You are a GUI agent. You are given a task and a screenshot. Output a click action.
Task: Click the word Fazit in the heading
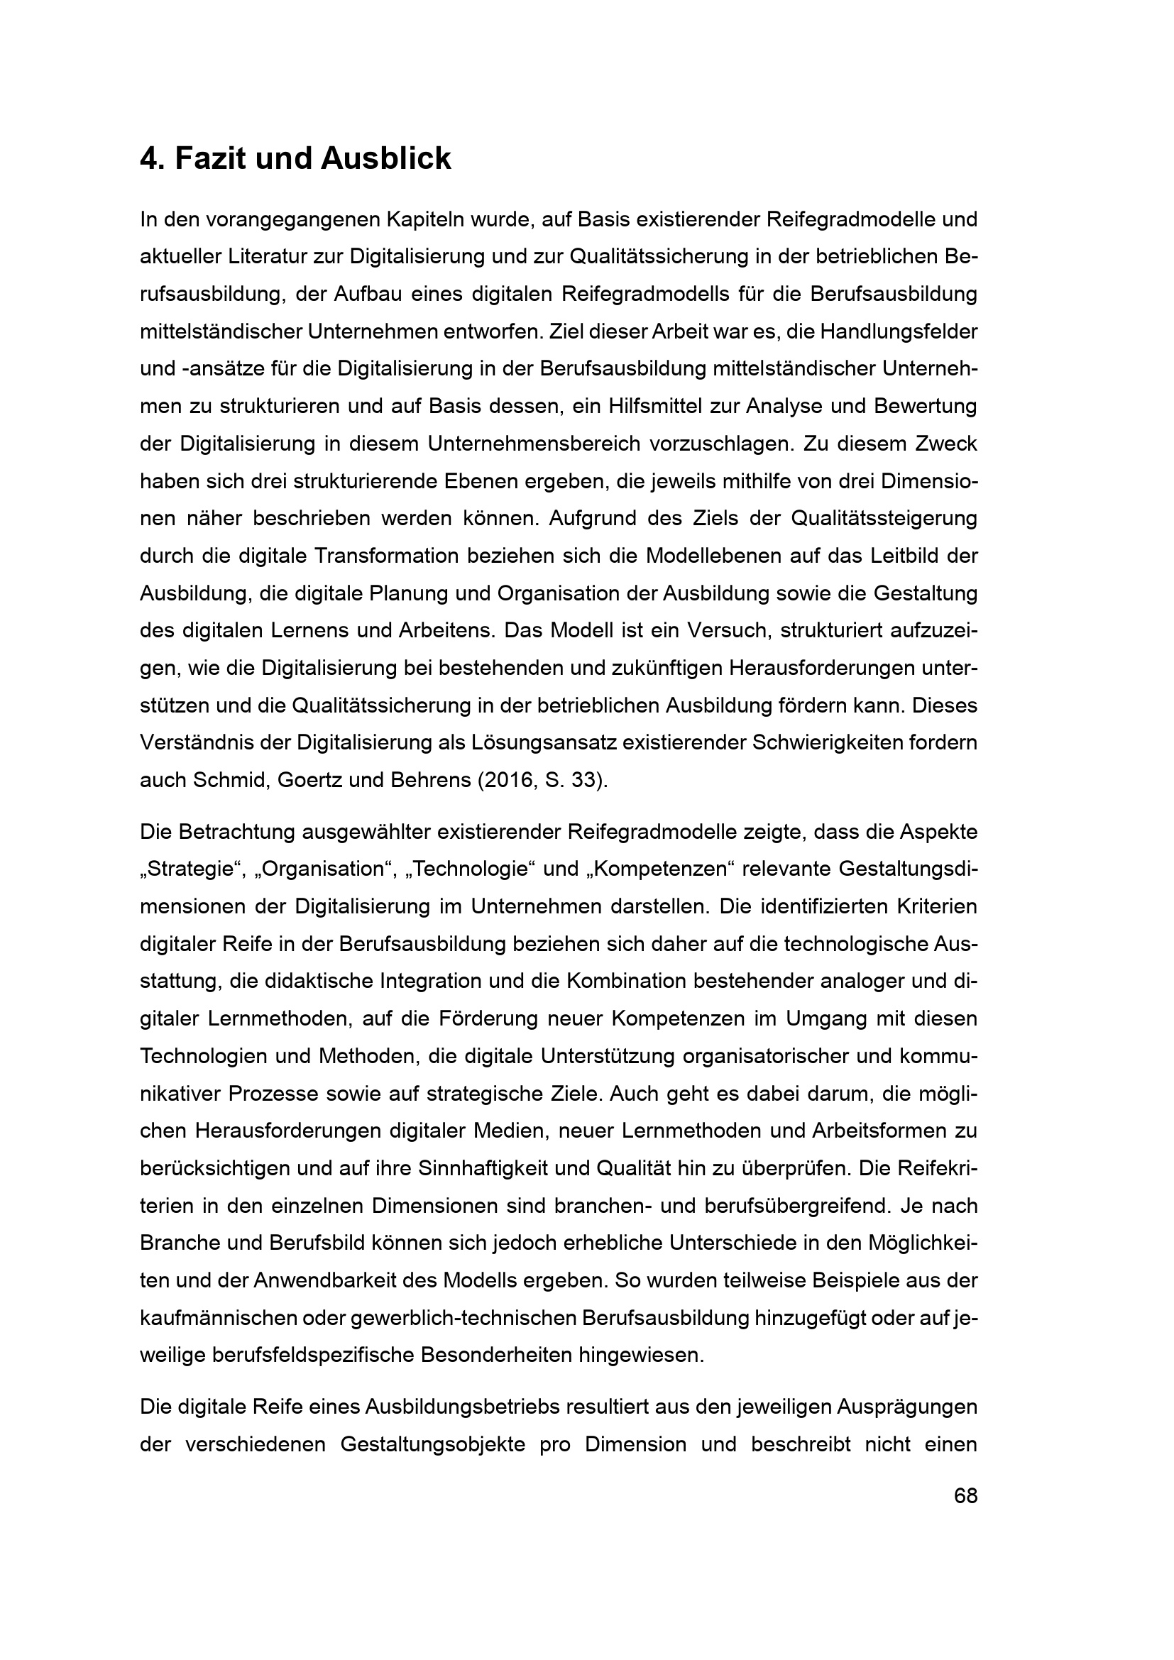tap(209, 158)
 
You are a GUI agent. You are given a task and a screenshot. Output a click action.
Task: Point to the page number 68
tap(965, 1496)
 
